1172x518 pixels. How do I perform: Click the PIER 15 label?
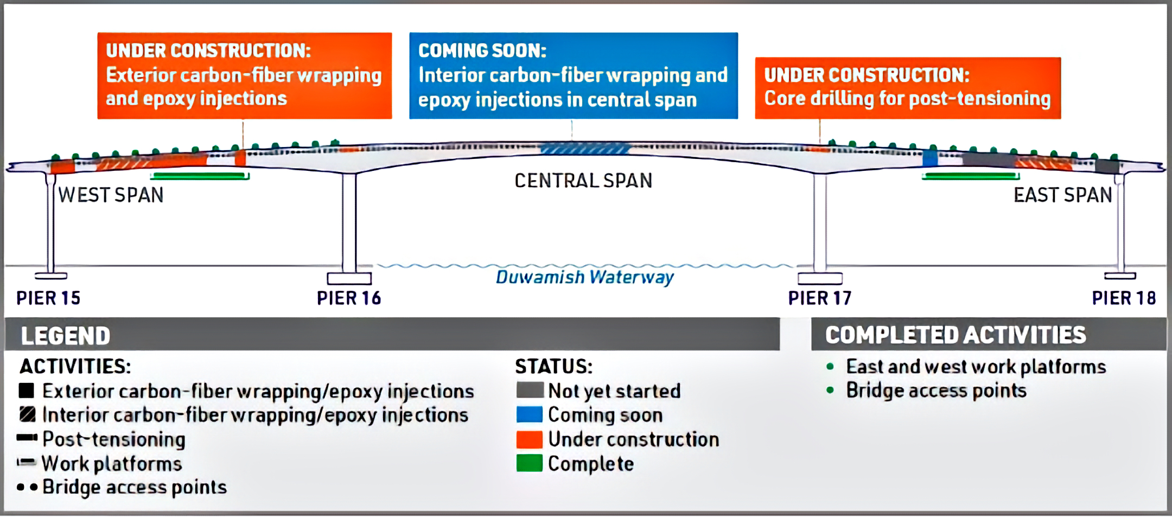(48, 298)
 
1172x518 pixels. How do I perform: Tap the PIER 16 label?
(349, 298)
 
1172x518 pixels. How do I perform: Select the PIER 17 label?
(820, 298)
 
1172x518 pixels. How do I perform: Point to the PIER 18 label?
(1124, 298)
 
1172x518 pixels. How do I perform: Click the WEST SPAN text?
(111, 195)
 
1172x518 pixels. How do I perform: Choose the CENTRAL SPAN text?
(583, 181)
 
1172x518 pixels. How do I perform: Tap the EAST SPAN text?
(1062, 195)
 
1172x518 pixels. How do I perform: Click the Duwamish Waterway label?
(584, 277)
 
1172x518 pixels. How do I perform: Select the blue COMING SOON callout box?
(573, 75)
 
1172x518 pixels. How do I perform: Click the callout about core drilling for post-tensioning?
(907, 87)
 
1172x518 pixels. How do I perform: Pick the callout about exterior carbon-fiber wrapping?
(244, 75)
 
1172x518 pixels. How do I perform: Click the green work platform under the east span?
(970, 176)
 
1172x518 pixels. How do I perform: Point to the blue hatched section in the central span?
(585, 149)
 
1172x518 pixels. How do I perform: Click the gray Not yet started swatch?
(530, 391)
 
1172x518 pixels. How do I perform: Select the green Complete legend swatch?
(530, 463)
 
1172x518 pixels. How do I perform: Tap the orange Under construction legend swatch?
(530, 439)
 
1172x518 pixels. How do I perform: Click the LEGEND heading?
(66, 336)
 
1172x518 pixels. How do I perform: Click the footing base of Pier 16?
(349, 278)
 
